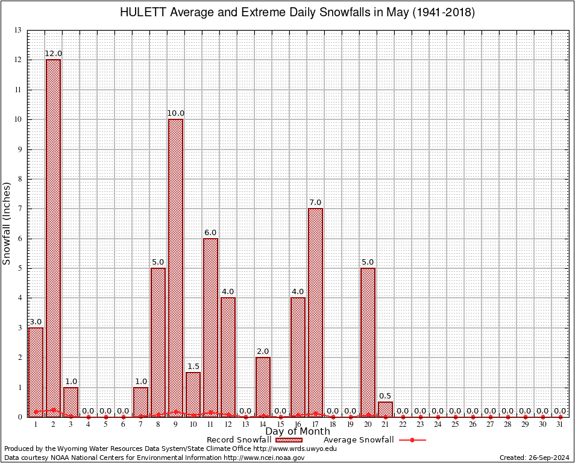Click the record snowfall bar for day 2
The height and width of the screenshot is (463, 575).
pos(53,238)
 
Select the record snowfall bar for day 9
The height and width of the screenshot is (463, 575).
pos(175,268)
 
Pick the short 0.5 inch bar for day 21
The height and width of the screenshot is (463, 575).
pos(385,409)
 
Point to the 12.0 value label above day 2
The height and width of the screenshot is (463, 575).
pos(53,54)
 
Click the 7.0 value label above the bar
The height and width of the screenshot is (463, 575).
pos(315,203)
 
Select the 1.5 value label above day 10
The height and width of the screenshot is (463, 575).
pos(193,367)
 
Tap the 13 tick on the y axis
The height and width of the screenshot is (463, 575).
pos(18,30)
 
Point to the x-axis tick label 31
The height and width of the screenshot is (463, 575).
pos(561,425)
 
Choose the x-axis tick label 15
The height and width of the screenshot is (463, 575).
pos(280,425)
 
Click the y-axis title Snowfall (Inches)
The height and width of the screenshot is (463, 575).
pos(7,223)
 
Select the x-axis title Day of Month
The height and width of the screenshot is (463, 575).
pos(298,431)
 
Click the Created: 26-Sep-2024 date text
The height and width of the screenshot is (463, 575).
pos(535,458)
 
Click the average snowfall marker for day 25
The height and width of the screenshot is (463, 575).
pos(455,417)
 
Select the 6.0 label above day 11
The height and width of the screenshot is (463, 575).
pos(210,233)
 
